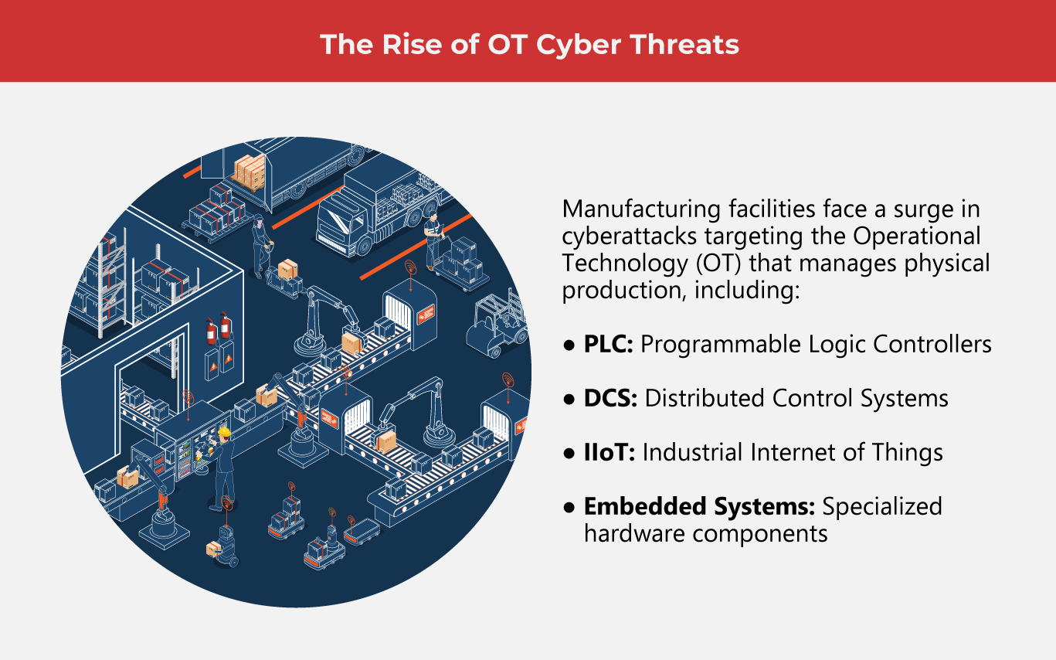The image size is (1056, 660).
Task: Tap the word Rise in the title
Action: (409, 45)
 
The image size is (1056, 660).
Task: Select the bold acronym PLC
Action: (608, 344)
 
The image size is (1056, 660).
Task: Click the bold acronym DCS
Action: (609, 398)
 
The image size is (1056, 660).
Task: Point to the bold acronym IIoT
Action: (609, 452)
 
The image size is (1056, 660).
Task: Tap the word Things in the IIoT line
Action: (908, 452)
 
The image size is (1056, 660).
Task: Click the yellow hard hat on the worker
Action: (224, 430)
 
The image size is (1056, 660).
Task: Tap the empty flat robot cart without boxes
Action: (362, 532)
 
